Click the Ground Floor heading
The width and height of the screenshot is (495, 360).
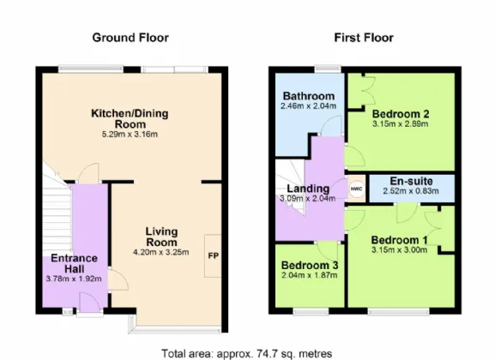tap(130, 38)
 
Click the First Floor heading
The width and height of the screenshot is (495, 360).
tap(364, 38)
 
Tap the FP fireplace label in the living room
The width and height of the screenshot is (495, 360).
tap(214, 255)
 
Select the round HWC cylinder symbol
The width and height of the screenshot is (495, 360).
tap(357, 189)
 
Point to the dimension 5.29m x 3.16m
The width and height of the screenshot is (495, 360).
tap(130, 135)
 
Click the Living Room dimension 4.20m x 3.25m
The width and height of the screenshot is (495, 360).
tap(161, 252)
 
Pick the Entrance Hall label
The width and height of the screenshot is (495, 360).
tap(74, 263)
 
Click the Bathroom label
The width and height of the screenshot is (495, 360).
tap(309, 96)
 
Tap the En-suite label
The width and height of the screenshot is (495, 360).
tap(411, 181)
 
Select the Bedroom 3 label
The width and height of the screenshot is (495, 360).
tap(310, 265)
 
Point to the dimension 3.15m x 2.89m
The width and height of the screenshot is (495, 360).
tap(401, 123)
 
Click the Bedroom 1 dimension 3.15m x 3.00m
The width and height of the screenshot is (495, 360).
tap(400, 250)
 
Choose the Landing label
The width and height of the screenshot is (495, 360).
tap(308, 189)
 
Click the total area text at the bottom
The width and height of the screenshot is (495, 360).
tap(246, 354)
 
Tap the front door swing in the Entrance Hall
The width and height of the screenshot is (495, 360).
tap(90, 303)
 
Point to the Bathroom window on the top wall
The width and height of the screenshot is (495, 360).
tap(328, 69)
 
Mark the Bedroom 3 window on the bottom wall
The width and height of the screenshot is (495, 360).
tap(311, 311)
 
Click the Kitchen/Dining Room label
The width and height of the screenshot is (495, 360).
tap(130, 118)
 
